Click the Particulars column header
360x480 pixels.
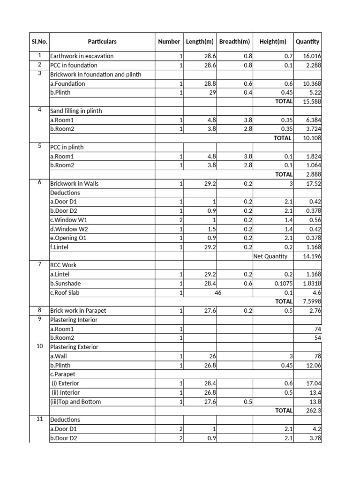coord(102,41)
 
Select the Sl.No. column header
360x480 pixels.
coord(39,41)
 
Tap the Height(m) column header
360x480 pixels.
coord(272,41)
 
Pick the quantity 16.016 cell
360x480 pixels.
coord(312,56)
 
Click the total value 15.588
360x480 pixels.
coord(312,102)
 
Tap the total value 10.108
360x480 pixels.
coord(312,138)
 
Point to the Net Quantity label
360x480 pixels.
coord(270,256)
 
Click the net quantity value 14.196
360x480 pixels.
coord(312,256)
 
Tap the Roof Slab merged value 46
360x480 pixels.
coord(218,292)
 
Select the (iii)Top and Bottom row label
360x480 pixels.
coord(75,402)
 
